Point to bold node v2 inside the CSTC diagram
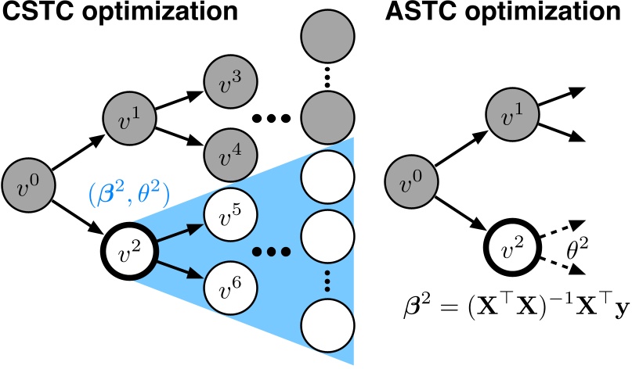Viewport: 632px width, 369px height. click(x=127, y=251)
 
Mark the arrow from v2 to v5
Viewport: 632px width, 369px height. click(x=177, y=232)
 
